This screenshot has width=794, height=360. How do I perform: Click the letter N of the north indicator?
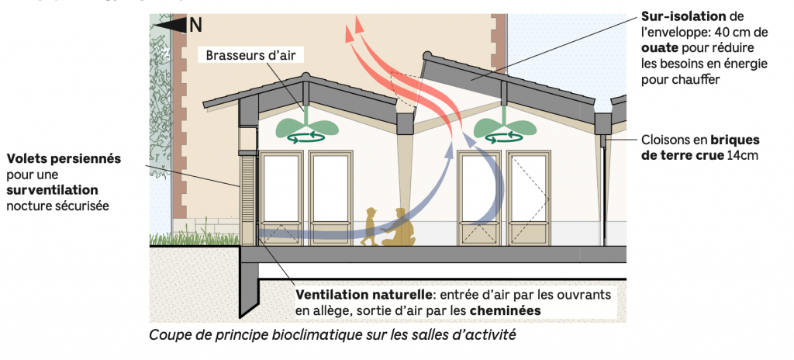coord(195,24)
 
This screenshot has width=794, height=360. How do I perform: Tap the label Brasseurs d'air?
coord(250,55)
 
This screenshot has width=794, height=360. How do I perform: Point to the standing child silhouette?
coord(370,227)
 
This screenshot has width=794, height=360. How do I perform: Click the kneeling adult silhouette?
coord(400,229)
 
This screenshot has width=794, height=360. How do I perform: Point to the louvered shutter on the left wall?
coord(248,199)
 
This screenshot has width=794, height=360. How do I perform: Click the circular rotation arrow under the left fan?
coord(305,139)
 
